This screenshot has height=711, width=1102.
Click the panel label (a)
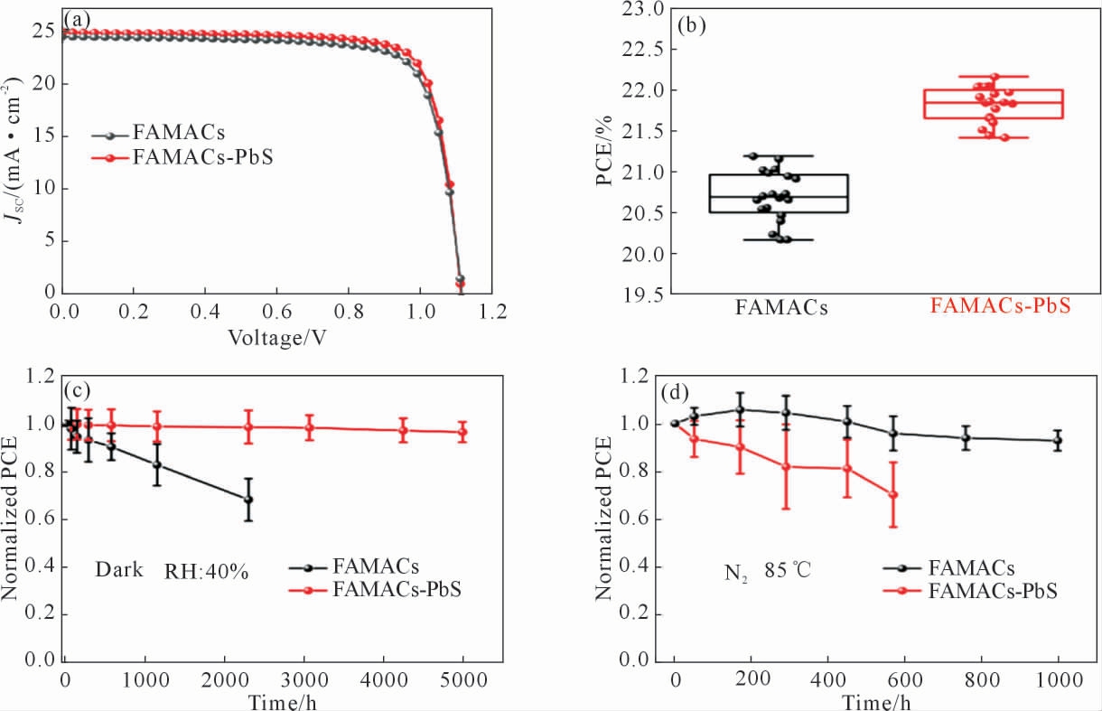[76, 19]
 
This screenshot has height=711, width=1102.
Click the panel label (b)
[693, 26]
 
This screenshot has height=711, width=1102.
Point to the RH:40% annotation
[206, 571]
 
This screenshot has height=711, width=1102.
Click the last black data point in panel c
[248, 500]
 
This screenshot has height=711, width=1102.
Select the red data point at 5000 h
[462, 432]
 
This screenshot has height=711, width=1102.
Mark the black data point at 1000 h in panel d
[1058, 441]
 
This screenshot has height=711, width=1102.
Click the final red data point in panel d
[893, 494]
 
